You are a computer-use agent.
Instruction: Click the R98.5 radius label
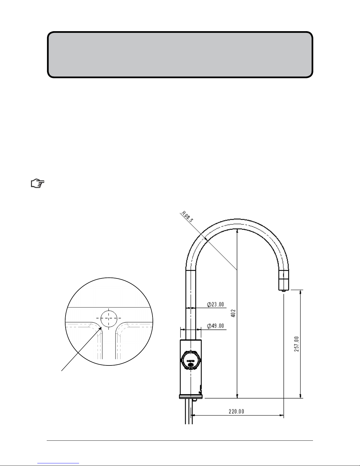pyautogui.click(x=187, y=217)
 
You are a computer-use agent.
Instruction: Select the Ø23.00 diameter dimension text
pyautogui.click(x=215, y=305)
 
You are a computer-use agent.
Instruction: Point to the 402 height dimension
pyautogui.click(x=234, y=313)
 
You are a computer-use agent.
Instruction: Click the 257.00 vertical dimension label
pyautogui.click(x=296, y=344)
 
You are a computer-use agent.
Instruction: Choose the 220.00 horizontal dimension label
pyautogui.click(x=236, y=411)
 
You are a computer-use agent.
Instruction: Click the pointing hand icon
pyautogui.click(x=38, y=183)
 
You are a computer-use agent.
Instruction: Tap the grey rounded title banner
pyautogui.click(x=180, y=55)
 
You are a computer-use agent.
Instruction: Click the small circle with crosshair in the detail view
pyautogui.click(x=109, y=318)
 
